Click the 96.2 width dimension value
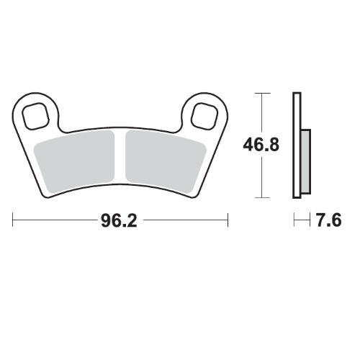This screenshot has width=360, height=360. click(x=120, y=219)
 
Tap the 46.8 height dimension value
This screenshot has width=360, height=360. click(x=259, y=146)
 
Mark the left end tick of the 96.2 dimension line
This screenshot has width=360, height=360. click(x=13, y=219)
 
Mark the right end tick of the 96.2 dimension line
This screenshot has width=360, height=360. click(x=228, y=219)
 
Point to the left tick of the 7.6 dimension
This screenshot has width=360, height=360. click(x=293, y=219)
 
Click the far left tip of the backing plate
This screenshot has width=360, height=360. click(x=14, y=122)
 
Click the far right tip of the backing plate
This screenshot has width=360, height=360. click(x=226, y=122)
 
